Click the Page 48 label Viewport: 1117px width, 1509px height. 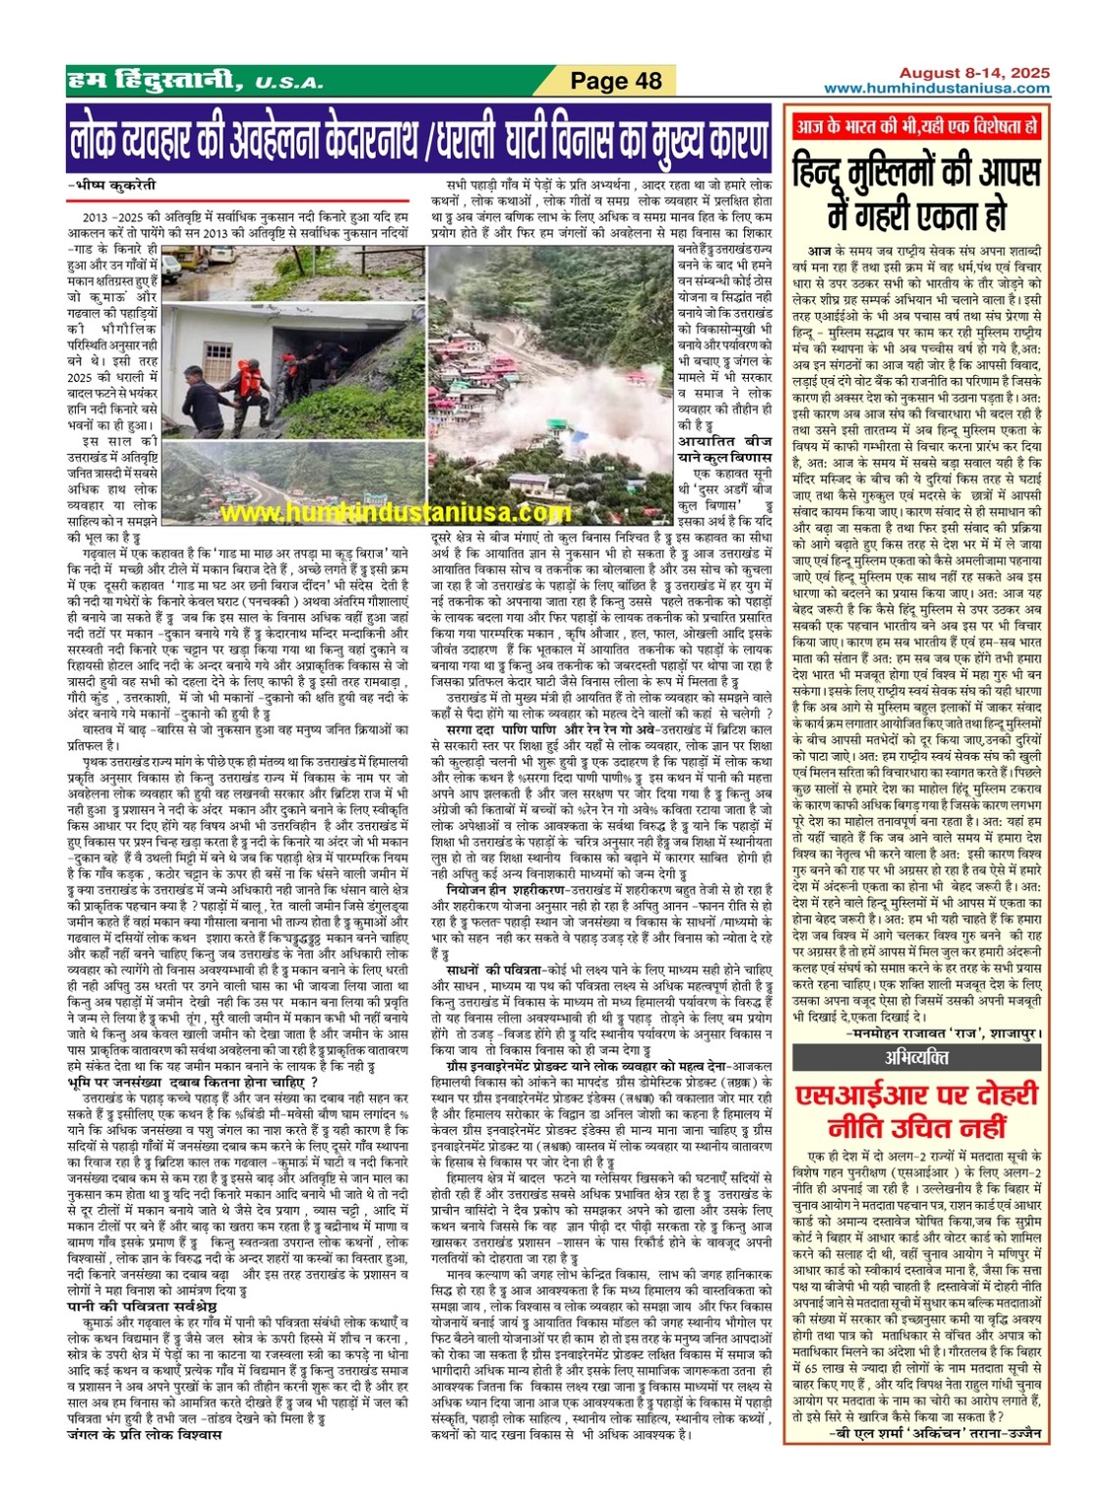(x=616, y=81)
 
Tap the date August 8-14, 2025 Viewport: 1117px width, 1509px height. (x=973, y=73)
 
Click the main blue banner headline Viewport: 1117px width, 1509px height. (x=419, y=140)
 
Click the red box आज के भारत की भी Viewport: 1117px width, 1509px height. (x=916, y=127)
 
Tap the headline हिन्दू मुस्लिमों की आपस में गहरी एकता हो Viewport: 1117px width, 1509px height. (x=916, y=191)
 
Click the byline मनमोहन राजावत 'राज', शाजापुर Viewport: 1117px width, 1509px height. (x=943, y=1034)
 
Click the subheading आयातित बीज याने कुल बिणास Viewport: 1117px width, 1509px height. (x=724, y=449)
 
